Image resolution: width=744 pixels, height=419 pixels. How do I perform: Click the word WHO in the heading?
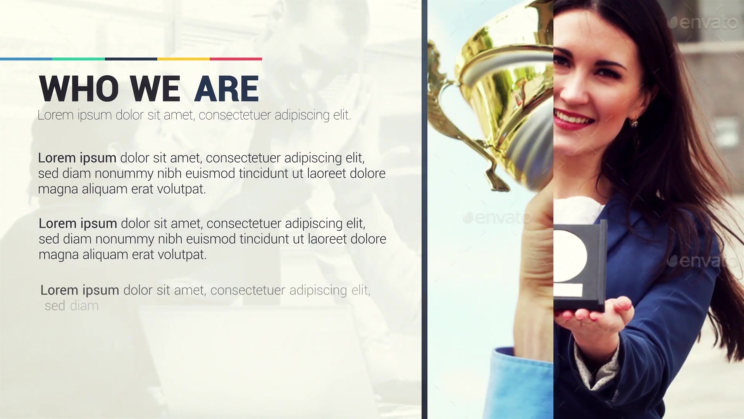79,88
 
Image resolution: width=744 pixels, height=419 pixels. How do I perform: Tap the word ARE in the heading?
227,88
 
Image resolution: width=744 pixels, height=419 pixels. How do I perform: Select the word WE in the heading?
155,88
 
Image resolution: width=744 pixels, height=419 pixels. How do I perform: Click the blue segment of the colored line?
26,59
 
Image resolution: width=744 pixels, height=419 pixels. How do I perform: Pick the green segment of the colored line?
79,59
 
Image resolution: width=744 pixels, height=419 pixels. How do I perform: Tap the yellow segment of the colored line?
184,59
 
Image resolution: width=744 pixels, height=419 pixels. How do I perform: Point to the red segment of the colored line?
236,59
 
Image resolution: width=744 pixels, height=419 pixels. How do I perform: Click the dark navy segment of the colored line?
131,59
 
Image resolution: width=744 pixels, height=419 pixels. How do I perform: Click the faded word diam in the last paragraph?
84,306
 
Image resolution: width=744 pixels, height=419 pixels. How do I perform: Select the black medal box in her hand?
580,266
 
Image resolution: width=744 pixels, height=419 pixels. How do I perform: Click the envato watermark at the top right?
703,23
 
